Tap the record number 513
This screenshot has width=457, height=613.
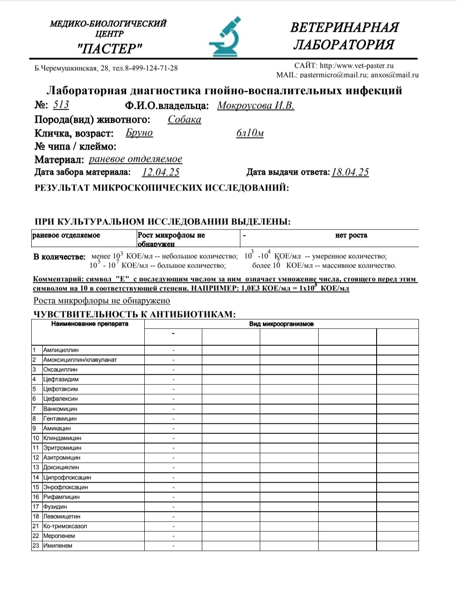61,105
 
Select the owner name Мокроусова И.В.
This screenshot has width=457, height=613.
256,105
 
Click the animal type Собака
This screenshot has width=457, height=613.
184,119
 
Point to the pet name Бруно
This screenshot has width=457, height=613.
139,133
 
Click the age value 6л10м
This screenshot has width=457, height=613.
250,133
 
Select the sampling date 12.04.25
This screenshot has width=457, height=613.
161,172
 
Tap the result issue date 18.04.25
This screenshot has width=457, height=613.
350,172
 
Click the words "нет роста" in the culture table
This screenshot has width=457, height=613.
351,235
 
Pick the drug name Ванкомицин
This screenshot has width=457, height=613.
60,409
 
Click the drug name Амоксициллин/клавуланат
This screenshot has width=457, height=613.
80,360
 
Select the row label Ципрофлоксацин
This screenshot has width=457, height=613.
67,478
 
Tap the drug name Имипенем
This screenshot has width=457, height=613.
58,546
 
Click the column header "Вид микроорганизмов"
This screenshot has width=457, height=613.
281,324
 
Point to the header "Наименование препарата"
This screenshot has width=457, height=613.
90,324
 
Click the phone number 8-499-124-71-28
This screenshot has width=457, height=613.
151,68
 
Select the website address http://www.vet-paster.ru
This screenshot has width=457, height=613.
357,66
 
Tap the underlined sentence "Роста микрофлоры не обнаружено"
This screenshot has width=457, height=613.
102,301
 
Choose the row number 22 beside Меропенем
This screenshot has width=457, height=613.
36,536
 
